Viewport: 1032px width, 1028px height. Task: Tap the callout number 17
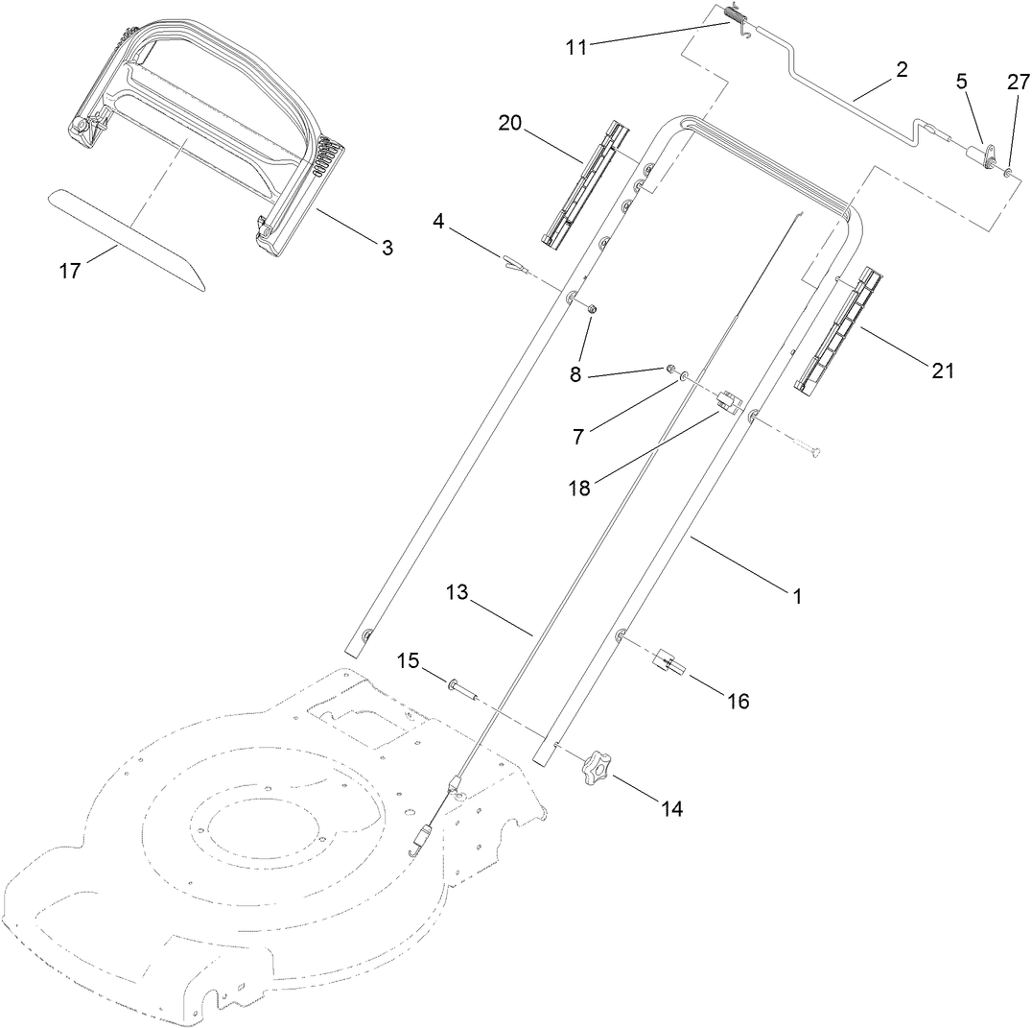tap(69, 272)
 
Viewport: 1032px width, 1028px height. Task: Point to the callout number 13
tap(457, 593)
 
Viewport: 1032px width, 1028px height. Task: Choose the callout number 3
tap(387, 248)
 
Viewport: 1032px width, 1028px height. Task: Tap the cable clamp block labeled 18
tap(733, 402)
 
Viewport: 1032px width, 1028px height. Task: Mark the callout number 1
tap(795, 596)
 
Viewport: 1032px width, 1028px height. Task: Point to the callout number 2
tap(901, 69)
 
